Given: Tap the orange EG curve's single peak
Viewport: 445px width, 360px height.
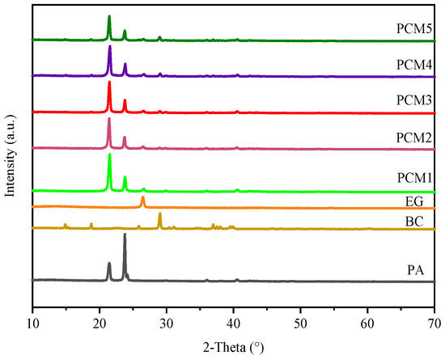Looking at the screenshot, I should (x=143, y=197).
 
